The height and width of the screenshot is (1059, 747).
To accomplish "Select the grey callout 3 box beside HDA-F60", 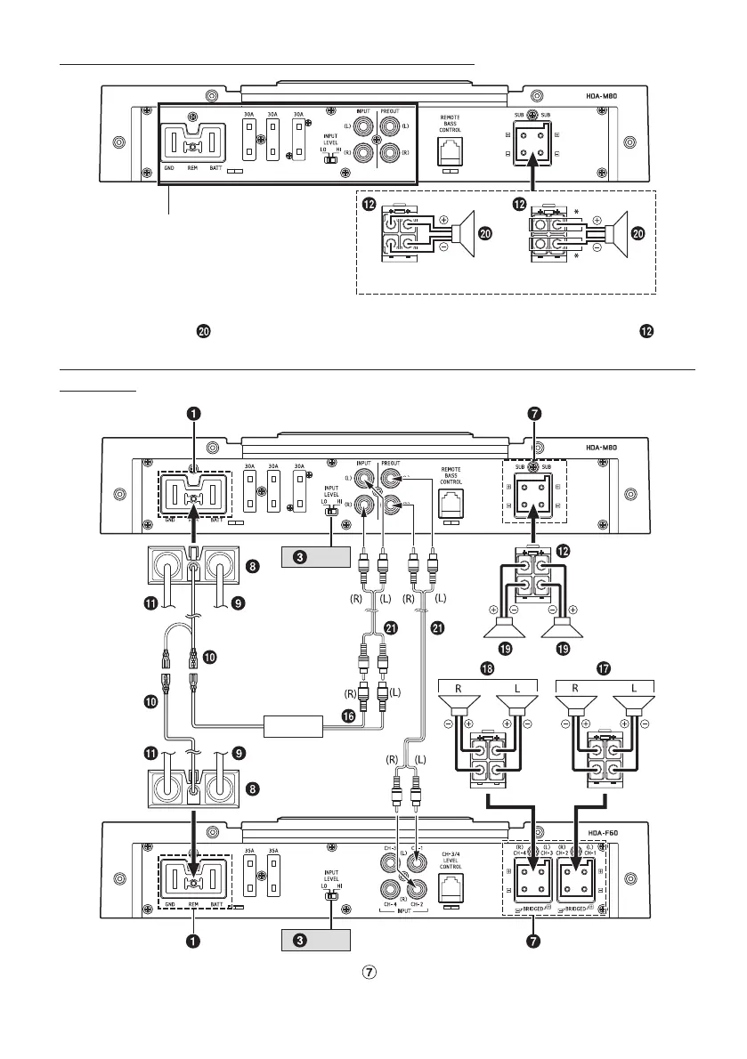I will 312,940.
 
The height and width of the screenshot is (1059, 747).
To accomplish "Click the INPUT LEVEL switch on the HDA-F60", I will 330,895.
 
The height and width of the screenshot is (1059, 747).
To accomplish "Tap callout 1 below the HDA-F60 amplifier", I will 192,940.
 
